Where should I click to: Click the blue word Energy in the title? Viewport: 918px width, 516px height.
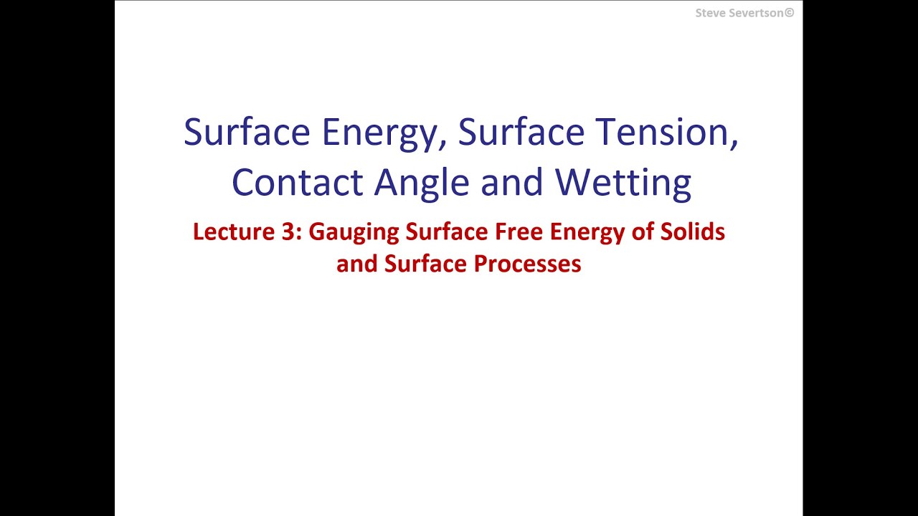tap(379, 133)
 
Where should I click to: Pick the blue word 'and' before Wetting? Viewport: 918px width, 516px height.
tap(513, 182)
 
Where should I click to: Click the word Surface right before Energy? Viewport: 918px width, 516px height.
tap(247, 132)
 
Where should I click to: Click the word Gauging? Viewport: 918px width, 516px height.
tap(354, 233)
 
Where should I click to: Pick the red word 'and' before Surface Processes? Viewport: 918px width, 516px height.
tap(356, 264)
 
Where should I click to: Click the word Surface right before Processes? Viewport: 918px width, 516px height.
tap(425, 264)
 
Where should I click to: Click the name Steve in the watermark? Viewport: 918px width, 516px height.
tap(709, 13)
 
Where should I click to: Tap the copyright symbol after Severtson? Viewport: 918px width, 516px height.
tap(790, 13)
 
